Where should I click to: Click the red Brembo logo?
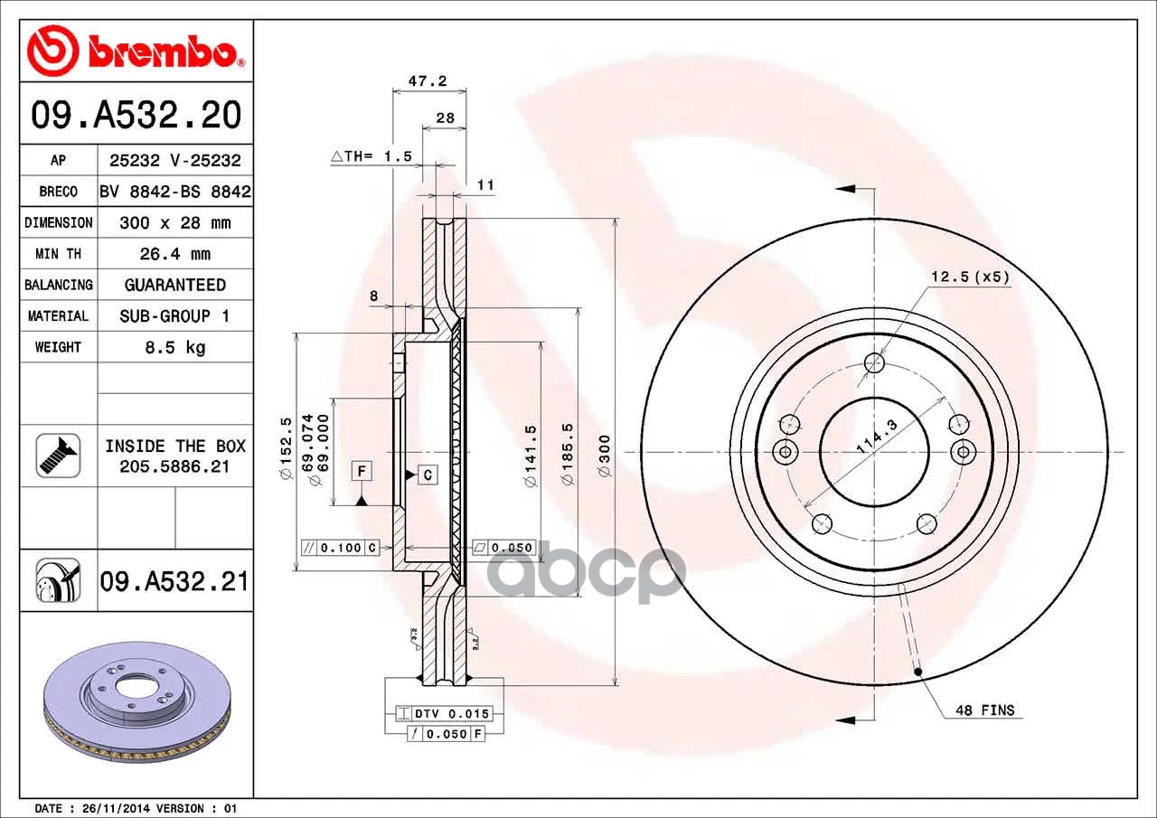[136, 51]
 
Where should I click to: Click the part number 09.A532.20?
[136, 115]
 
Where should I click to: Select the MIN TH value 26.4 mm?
[175, 254]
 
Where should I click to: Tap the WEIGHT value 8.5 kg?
[175, 347]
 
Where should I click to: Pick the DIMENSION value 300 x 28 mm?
[175, 222]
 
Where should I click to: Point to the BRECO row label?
[59, 192]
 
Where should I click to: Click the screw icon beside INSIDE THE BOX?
[59, 456]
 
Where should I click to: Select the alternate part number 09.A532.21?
[174, 581]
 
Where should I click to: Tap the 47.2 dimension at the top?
[428, 81]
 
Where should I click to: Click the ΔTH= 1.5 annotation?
[372, 156]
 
